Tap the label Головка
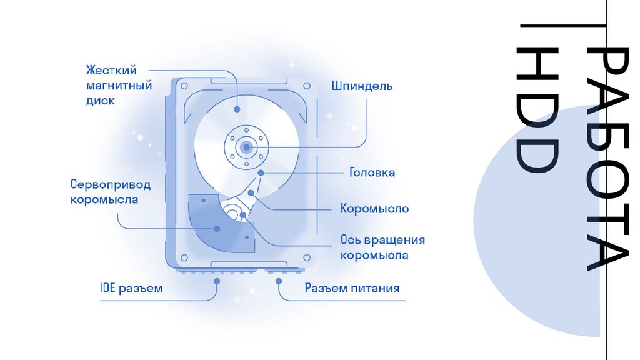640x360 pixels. point(372,172)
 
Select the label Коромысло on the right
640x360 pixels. point(374,208)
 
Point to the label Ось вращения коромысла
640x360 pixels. point(382,247)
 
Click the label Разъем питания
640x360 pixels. point(352,289)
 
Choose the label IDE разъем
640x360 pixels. point(131,289)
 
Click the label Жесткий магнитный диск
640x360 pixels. point(119,85)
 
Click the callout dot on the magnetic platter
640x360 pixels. point(237,109)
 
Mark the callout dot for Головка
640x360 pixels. point(261,172)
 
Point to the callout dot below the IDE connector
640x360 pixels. point(217,282)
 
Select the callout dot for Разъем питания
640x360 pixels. point(277,282)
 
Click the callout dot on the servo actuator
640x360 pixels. point(217,229)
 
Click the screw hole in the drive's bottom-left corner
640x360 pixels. point(184,257)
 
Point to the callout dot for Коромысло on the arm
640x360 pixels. point(251,193)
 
